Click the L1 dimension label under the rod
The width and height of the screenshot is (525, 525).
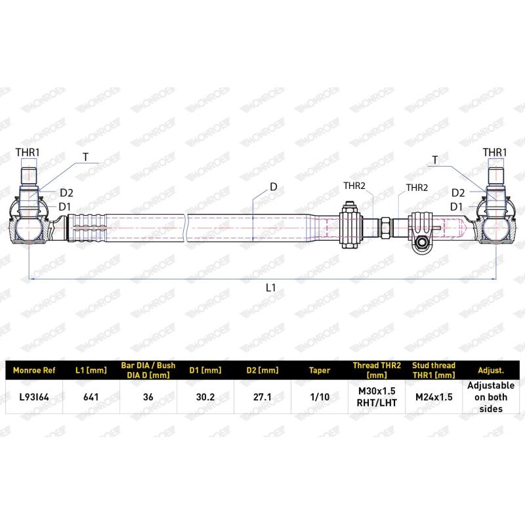[271, 287]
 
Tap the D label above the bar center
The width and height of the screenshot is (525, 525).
[273, 187]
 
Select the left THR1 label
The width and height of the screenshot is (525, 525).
[28, 153]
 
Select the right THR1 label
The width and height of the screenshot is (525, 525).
[495, 152]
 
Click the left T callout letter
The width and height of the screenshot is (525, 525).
[85, 157]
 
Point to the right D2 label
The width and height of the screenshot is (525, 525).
[458, 192]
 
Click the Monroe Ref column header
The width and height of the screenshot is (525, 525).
[35, 370]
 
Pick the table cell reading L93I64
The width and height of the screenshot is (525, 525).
[35, 397]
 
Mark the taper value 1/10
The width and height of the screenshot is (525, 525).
[319, 397]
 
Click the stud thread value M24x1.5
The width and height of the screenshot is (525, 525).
[434, 397]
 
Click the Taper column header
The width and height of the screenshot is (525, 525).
[319, 370]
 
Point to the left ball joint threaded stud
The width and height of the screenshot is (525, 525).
[30, 178]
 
